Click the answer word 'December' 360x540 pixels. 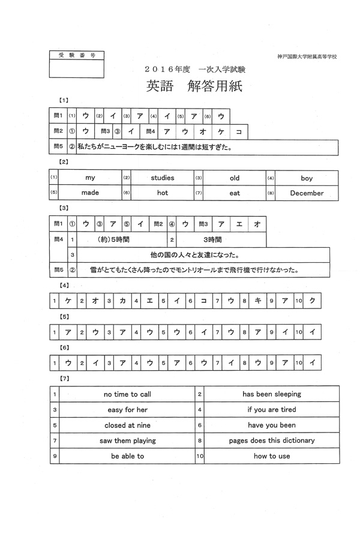pyautogui.click(x=307, y=193)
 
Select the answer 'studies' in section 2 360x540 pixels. pyautogui.click(x=163, y=178)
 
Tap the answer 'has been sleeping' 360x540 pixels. pyautogui.click(x=272, y=394)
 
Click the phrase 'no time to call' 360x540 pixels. pyautogui.click(x=127, y=394)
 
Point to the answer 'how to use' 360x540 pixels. pyautogui.click(x=272, y=456)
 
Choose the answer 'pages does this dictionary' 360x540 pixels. pyautogui.click(x=272, y=440)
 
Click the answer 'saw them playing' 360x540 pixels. pyautogui.click(x=127, y=440)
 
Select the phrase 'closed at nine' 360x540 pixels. pyautogui.click(x=127, y=425)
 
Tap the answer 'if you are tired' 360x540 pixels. pyautogui.click(x=272, y=410)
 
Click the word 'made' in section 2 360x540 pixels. pyautogui.click(x=90, y=193)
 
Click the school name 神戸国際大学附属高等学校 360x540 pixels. pyautogui.click(x=307, y=56)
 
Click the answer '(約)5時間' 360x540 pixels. pyautogui.click(x=113, y=239)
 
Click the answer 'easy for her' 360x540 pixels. pyautogui.click(x=127, y=410)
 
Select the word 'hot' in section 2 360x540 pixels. pyautogui.click(x=163, y=193)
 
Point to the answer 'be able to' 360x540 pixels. pyautogui.click(x=127, y=456)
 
